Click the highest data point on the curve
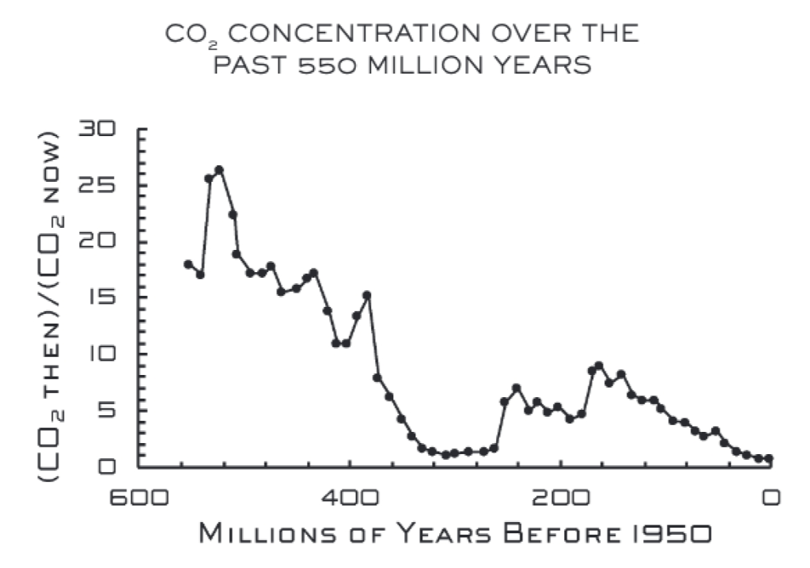click(x=219, y=169)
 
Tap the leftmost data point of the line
click(x=188, y=264)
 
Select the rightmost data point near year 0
click(x=768, y=459)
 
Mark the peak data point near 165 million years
click(x=599, y=365)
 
